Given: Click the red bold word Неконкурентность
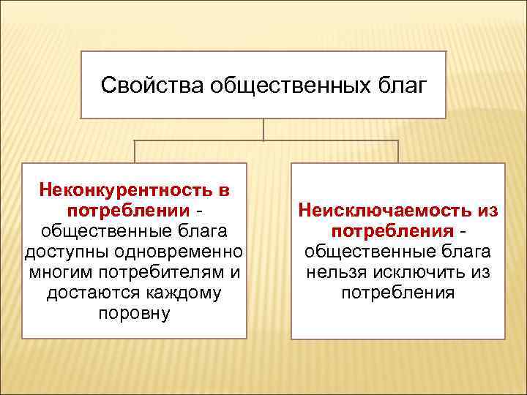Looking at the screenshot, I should pos(124,190).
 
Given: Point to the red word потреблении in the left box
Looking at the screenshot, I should pos(129,211).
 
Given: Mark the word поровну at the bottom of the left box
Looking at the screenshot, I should pos(133,314).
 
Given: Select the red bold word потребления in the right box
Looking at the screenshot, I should pos(392,231).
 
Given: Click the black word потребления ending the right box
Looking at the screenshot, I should pos(398,293).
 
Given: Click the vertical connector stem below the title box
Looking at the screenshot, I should pos(263,129).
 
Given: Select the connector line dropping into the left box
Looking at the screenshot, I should pos(135,151).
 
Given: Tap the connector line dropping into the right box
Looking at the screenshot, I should pos(398,151).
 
